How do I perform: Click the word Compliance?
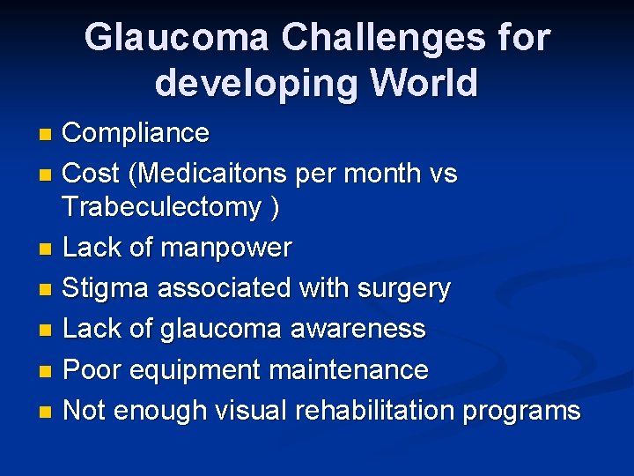tap(136, 133)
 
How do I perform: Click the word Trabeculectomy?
tap(162, 207)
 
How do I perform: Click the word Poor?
tap(94, 370)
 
